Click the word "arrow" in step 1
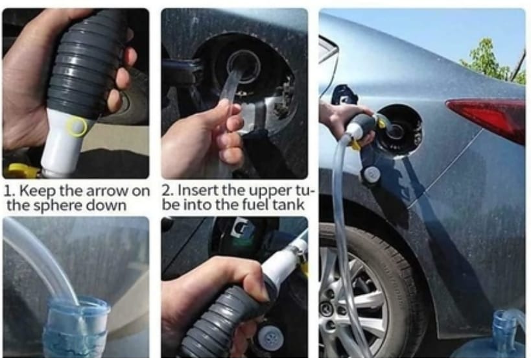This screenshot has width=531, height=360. click(107, 191)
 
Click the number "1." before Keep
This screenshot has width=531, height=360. click(10, 191)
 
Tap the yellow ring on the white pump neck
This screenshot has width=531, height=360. click(77, 126)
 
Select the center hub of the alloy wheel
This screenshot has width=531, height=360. click(326, 307)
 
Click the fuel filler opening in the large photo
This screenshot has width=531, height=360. click(399, 130)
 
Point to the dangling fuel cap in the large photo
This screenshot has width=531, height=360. click(372, 174)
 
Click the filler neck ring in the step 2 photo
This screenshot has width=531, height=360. click(243, 67)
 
